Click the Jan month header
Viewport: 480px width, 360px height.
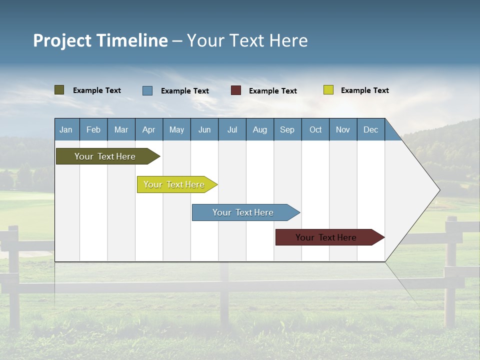(66, 129)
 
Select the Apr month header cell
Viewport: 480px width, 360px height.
(148, 129)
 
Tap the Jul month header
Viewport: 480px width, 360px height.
(232, 129)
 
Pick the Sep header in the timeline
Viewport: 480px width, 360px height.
(287, 129)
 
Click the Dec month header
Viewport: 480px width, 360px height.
(370, 129)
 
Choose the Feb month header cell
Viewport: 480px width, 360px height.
(93, 129)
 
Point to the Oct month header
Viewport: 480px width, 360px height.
(315, 129)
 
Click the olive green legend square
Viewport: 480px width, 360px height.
(59, 90)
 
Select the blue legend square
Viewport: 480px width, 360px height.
(147, 90)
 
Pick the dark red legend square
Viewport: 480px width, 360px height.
(236, 90)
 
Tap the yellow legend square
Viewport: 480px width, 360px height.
(328, 90)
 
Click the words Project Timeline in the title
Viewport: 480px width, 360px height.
(100, 40)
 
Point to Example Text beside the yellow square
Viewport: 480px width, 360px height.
(364, 90)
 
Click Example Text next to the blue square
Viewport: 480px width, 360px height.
(184, 91)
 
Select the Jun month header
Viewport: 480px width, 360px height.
(204, 129)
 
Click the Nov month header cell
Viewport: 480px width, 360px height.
(343, 129)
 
